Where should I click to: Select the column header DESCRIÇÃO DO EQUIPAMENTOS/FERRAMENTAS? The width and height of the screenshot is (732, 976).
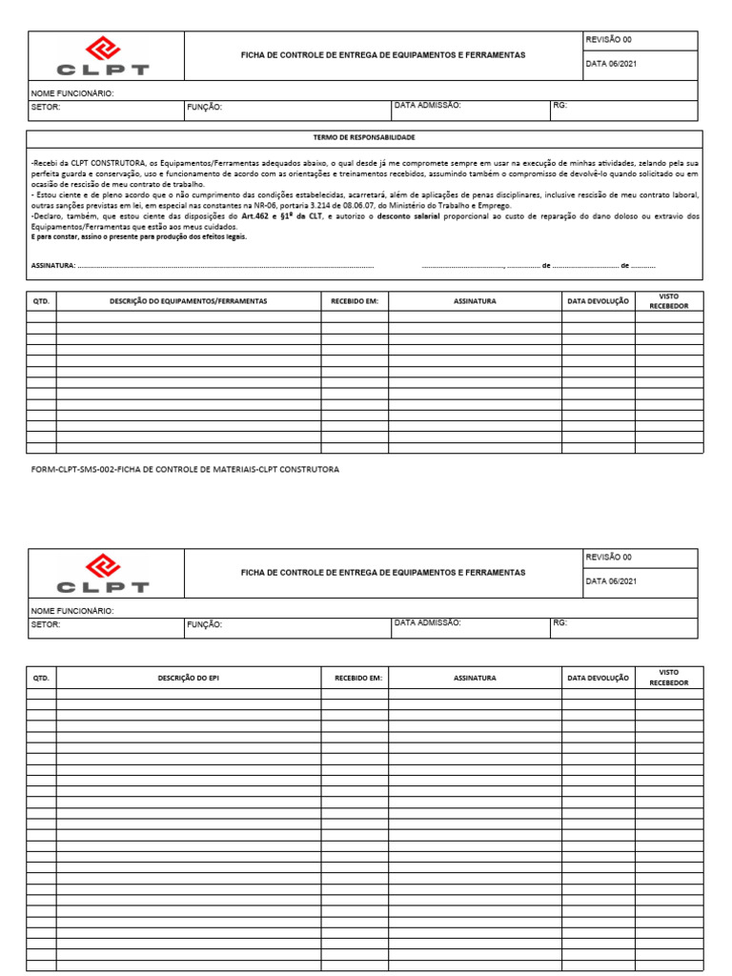[188, 301]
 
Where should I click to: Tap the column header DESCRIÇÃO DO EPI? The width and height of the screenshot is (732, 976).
[188, 678]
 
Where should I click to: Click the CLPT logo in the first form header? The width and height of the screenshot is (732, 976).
[103, 56]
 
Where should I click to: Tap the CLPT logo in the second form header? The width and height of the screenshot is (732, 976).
[103, 574]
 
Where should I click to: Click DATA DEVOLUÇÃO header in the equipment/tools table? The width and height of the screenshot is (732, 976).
[598, 301]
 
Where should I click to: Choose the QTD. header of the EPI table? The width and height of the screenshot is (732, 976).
[41, 678]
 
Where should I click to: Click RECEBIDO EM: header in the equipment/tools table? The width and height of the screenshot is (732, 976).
[354, 301]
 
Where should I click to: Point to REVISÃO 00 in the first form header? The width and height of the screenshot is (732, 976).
[608, 41]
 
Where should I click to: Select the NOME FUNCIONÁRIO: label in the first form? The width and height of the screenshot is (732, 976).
[72, 93]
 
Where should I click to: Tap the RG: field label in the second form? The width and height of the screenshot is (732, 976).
[559, 622]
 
